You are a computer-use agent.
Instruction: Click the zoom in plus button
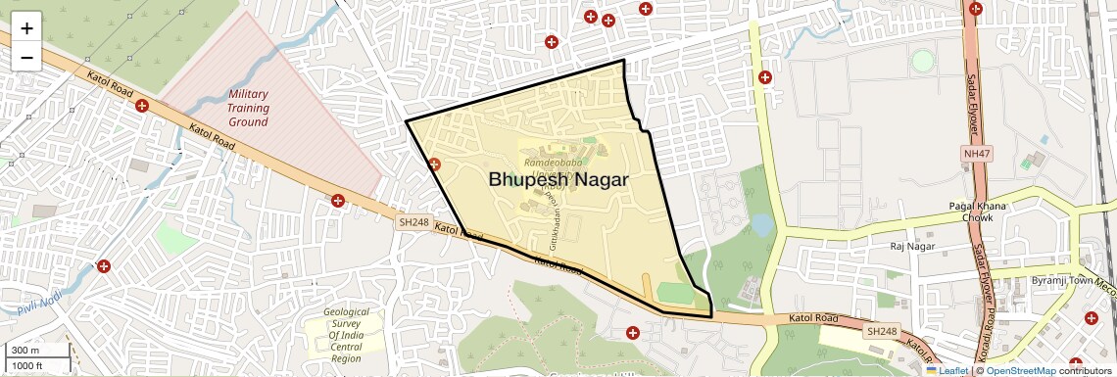[x=26, y=27]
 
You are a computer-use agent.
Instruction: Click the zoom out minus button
[x=26, y=57]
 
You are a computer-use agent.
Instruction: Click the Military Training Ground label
[x=248, y=108]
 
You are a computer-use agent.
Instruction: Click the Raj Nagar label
[x=910, y=247]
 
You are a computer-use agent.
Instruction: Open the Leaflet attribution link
[x=947, y=370]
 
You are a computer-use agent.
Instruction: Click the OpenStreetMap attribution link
[x=1020, y=370]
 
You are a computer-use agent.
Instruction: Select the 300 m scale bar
[x=37, y=350]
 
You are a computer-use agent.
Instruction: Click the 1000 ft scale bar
[x=37, y=365]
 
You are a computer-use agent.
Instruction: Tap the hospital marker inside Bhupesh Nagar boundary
[x=434, y=165]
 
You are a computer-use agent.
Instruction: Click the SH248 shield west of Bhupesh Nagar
[x=413, y=222]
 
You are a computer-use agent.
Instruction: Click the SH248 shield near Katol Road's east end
[x=881, y=332]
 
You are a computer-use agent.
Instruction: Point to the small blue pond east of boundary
[x=761, y=225]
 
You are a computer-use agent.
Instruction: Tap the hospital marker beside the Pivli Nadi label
[x=104, y=266]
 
